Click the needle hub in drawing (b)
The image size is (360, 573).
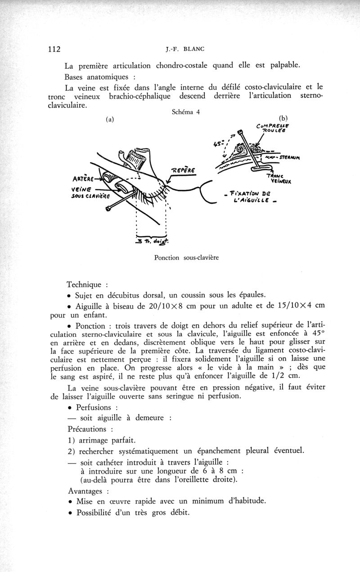coord(241,132)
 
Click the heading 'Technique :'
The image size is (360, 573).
coord(87,284)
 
